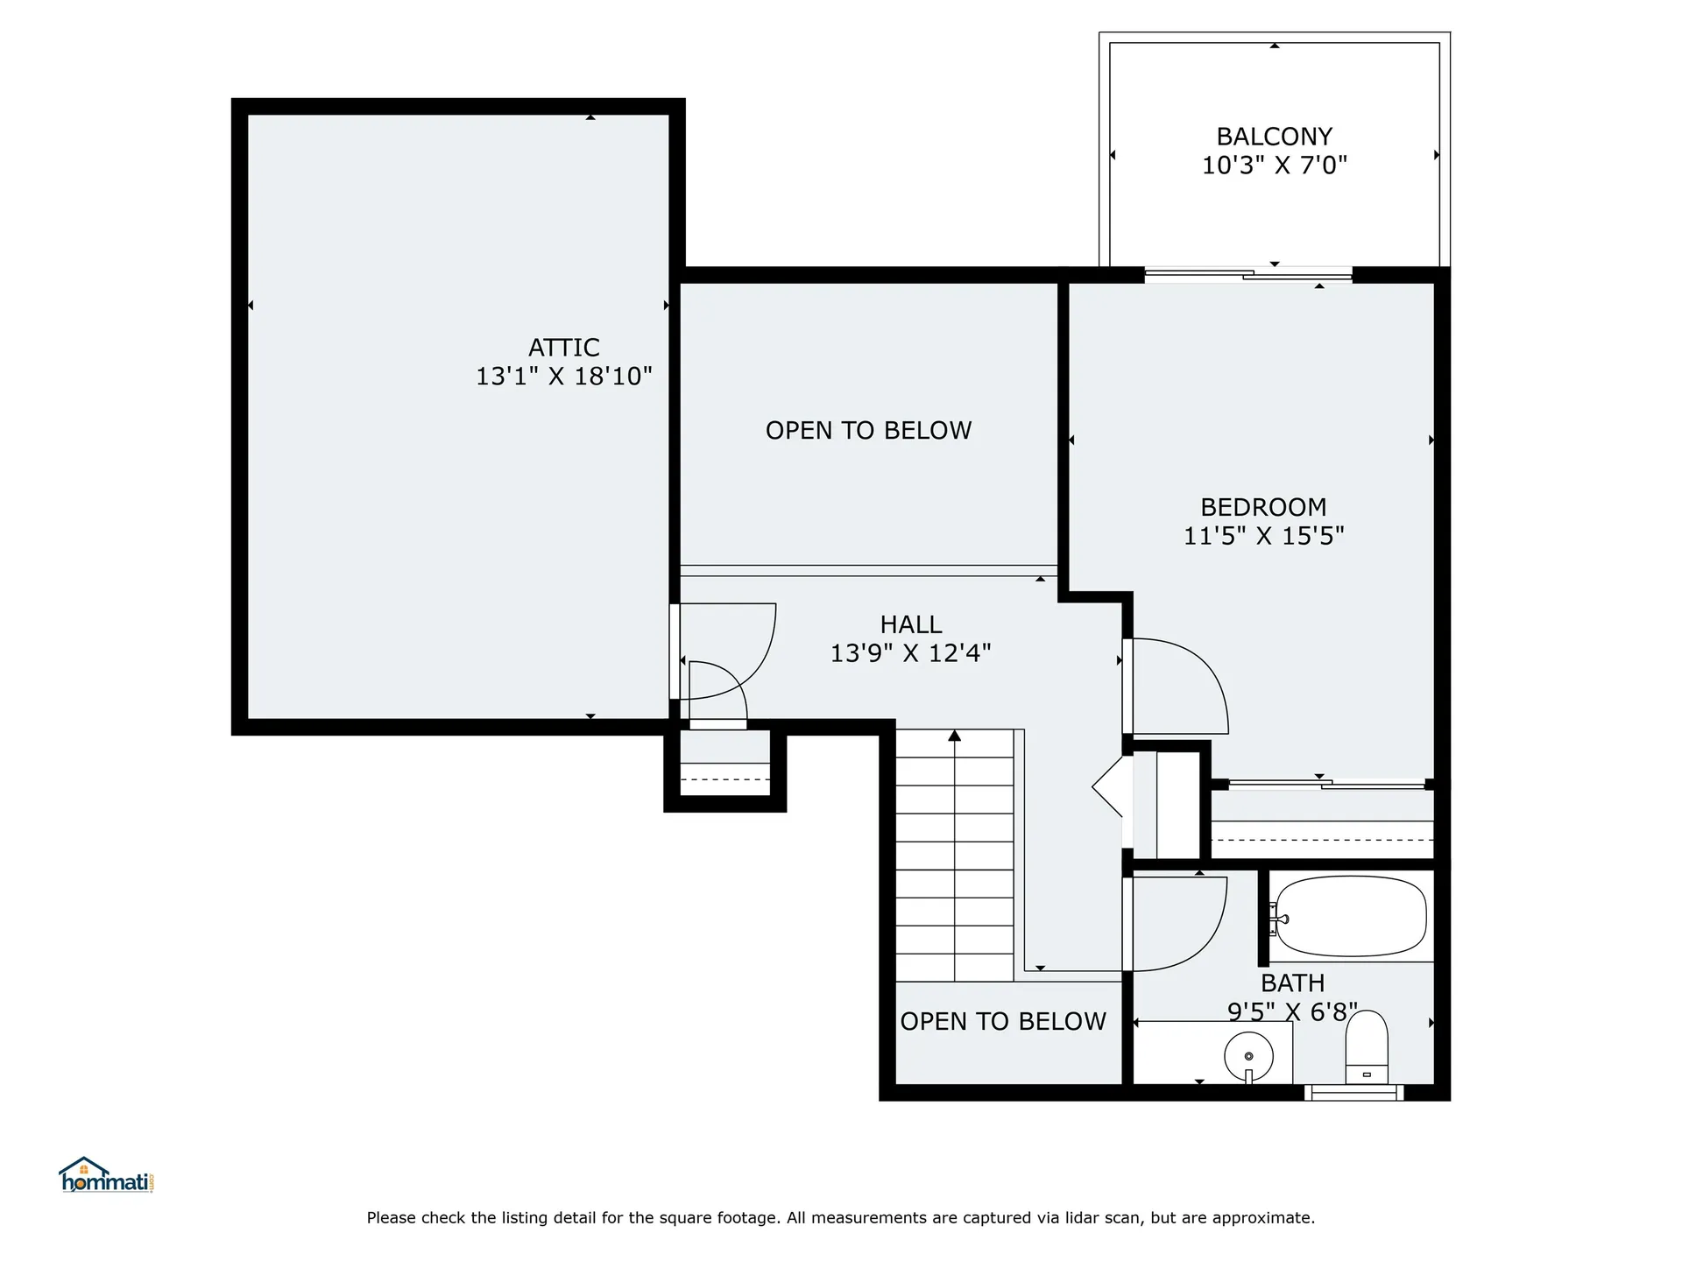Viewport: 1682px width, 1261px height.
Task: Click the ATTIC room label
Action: pos(563,348)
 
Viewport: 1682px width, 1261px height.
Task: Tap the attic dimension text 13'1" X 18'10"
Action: pos(563,377)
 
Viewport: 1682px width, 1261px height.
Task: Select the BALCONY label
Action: pos(1274,137)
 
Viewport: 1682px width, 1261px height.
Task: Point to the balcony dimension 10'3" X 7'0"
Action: pos(1274,166)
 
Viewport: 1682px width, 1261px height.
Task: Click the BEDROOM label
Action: pos(1262,507)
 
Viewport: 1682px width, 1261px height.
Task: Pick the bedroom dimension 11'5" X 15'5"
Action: pos(1263,536)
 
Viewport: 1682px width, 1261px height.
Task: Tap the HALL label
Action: pos(910,624)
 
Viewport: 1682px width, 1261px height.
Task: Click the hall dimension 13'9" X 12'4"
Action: pos(910,653)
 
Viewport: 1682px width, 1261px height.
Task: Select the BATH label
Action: pos(1292,983)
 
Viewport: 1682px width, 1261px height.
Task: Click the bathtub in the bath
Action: pos(1351,918)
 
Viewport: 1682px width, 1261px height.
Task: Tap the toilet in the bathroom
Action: pos(1367,1046)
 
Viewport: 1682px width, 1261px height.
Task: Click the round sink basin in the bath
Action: pos(1248,1055)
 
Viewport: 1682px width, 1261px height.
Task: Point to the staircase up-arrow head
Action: pos(954,736)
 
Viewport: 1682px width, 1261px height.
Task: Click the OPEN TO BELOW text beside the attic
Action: pos(868,431)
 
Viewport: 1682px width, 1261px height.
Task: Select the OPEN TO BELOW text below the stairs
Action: pos(1003,1022)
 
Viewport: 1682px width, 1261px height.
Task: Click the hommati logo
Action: pos(106,1176)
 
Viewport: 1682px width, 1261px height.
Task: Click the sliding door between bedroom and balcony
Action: pos(1248,275)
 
